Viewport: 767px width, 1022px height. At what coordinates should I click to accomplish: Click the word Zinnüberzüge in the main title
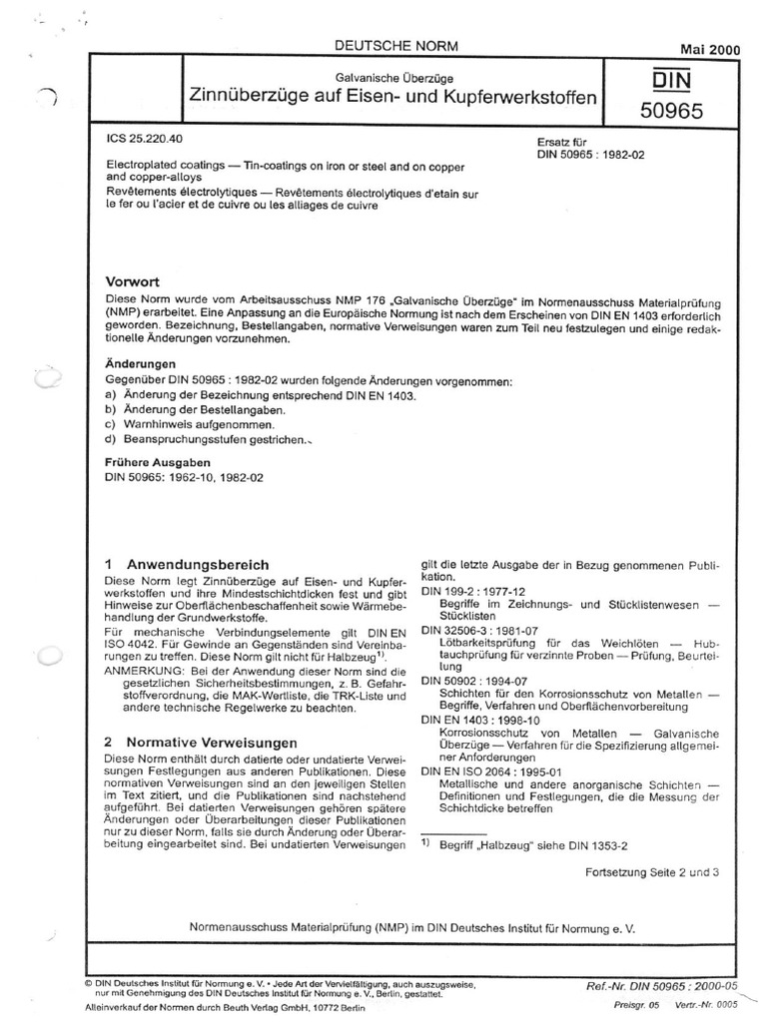click(x=246, y=98)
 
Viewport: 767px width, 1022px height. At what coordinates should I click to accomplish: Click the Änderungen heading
click(x=141, y=365)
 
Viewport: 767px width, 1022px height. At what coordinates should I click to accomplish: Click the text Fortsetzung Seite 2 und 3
click(x=652, y=872)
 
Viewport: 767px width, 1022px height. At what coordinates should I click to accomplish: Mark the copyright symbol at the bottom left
click(x=89, y=981)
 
